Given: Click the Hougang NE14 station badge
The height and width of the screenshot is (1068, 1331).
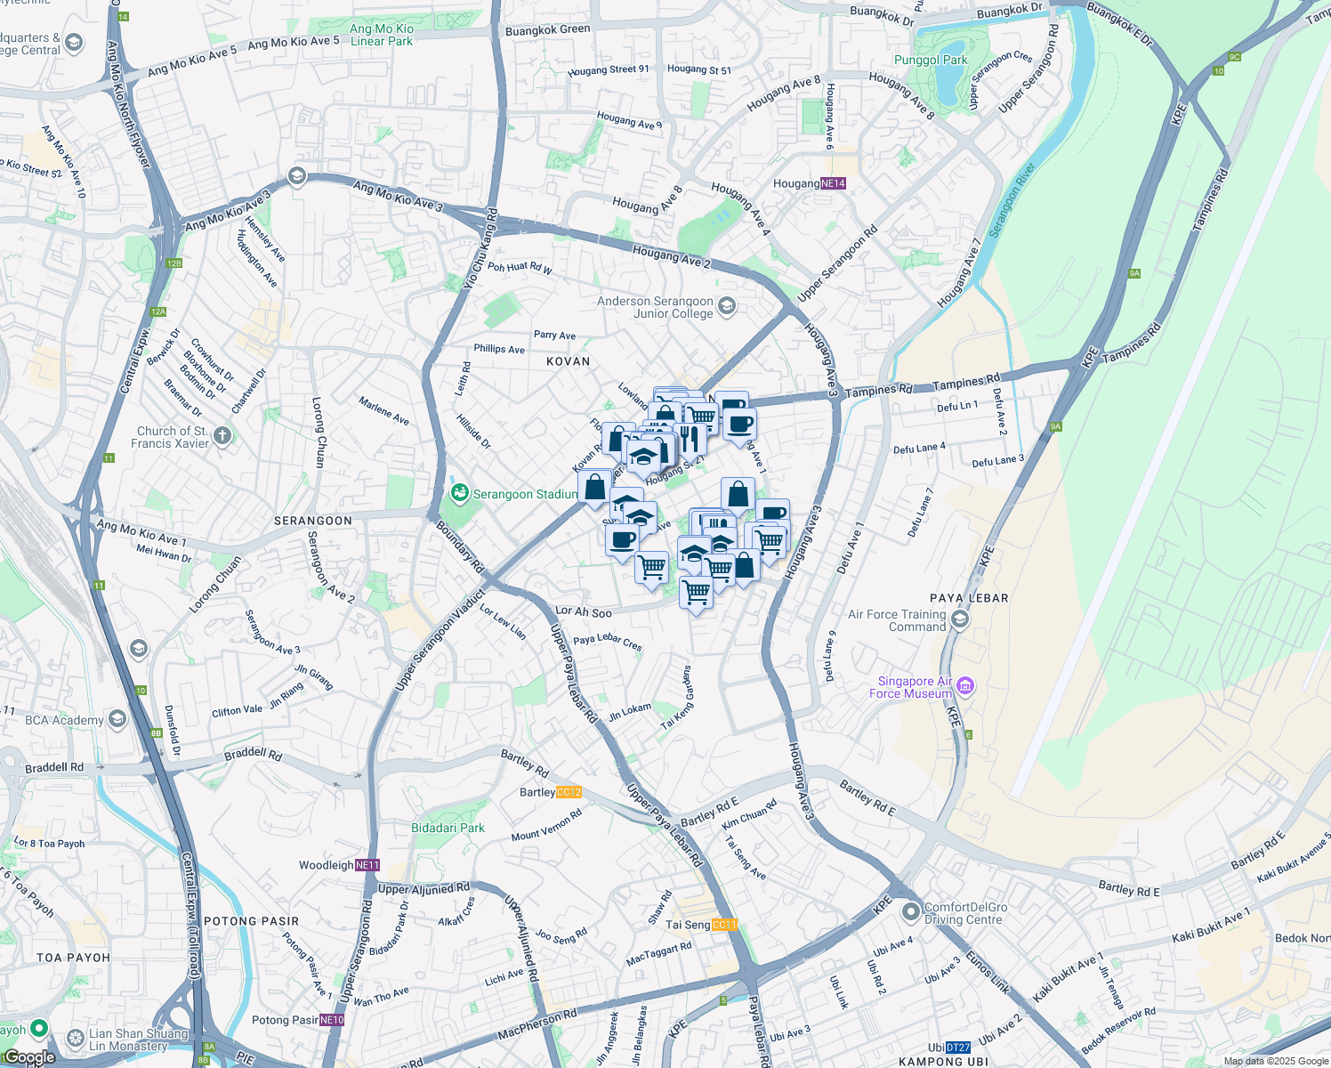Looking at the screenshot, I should [x=833, y=183].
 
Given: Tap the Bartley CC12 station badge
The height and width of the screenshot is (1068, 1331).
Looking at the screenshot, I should [x=569, y=792].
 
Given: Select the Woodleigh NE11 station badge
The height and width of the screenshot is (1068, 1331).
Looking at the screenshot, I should [x=367, y=865].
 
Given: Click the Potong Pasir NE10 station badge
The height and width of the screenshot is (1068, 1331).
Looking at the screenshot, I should [x=332, y=1020].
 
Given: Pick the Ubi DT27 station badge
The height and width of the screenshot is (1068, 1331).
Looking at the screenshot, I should [x=958, y=1048].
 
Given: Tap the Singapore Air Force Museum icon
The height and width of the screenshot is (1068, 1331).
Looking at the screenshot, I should [x=966, y=686].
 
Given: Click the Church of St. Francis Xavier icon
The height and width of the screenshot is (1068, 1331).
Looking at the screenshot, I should [x=222, y=436].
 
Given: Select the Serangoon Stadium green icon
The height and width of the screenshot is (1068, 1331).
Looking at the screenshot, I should [x=460, y=493].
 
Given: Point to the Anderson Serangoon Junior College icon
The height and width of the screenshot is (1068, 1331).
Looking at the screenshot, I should [x=727, y=307].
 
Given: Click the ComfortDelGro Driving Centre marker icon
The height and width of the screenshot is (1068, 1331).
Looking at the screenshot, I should [x=910, y=912].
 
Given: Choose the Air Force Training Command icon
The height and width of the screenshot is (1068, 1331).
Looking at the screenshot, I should [x=959, y=619].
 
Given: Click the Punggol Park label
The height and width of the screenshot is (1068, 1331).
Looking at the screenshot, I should [x=930, y=61].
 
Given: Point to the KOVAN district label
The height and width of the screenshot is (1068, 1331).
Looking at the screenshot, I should [x=569, y=361].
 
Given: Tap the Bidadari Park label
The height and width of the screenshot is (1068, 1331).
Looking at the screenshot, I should [x=448, y=828].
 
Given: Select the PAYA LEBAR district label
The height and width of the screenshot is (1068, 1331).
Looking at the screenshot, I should [x=969, y=598].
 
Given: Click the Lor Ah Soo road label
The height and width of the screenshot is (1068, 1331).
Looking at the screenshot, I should [x=584, y=611].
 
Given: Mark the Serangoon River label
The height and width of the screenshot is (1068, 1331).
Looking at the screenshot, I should [x=1012, y=198].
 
